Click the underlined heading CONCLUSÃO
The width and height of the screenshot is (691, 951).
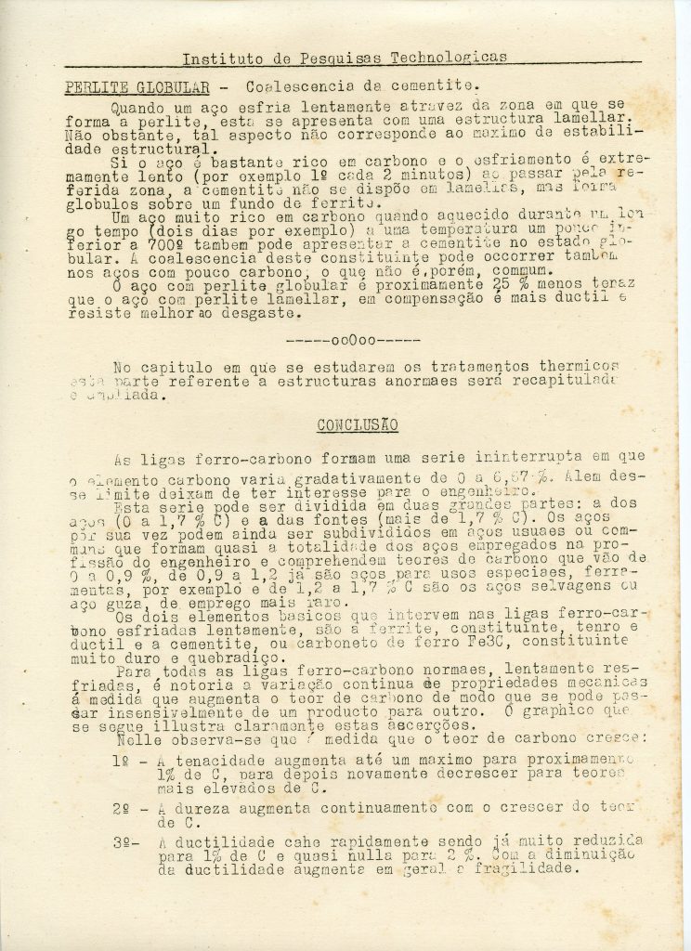pyautogui.click(x=358, y=425)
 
